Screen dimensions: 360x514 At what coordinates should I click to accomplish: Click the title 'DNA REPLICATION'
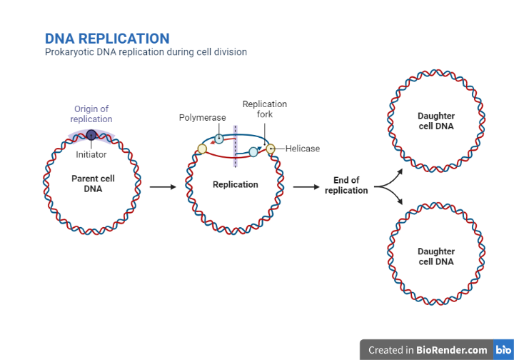pyautogui.click(x=107, y=39)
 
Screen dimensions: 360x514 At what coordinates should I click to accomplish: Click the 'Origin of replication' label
pyautogui.click(x=91, y=114)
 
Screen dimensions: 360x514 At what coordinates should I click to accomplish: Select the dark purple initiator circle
pyautogui.click(x=91, y=134)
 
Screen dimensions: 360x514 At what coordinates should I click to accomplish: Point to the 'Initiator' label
pyautogui.click(x=91, y=154)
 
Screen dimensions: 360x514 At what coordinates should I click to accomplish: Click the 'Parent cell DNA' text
pyautogui.click(x=93, y=184)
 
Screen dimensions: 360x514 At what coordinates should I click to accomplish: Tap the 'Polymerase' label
pyautogui.click(x=202, y=117)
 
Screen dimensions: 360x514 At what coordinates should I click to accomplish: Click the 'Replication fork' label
pyautogui.click(x=264, y=109)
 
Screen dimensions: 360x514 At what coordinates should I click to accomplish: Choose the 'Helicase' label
pyautogui.click(x=303, y=149)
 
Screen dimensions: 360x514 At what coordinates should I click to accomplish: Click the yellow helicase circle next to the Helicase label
pyautogui.click(x=271, y=149)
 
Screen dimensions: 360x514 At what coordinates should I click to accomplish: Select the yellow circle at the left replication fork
pyautogui.click(x=202, y=149)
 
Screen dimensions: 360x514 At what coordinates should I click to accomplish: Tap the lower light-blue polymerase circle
pyautogui.click(x=253, y=151)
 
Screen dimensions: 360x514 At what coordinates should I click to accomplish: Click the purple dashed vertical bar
pyautogui.click(x=236, y=146)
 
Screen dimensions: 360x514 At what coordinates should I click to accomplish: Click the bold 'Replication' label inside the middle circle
pyautogui.click(x=235, y=184)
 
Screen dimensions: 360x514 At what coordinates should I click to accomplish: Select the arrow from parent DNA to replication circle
pyautogui.click(x=163, y=187)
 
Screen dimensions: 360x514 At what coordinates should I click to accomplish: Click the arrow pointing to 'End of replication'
pyautogui.click(x=306, y=187)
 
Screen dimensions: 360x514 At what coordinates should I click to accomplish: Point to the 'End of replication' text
pyautogui.click(x=346, y=186)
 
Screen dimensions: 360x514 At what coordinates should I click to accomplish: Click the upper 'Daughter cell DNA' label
pyautogui.click(x=435, y=121)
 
